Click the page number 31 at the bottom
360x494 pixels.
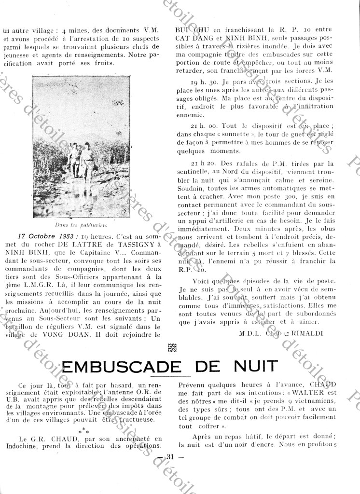click(x=170, y=457)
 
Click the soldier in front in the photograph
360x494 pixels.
click(x=87, y=165)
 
